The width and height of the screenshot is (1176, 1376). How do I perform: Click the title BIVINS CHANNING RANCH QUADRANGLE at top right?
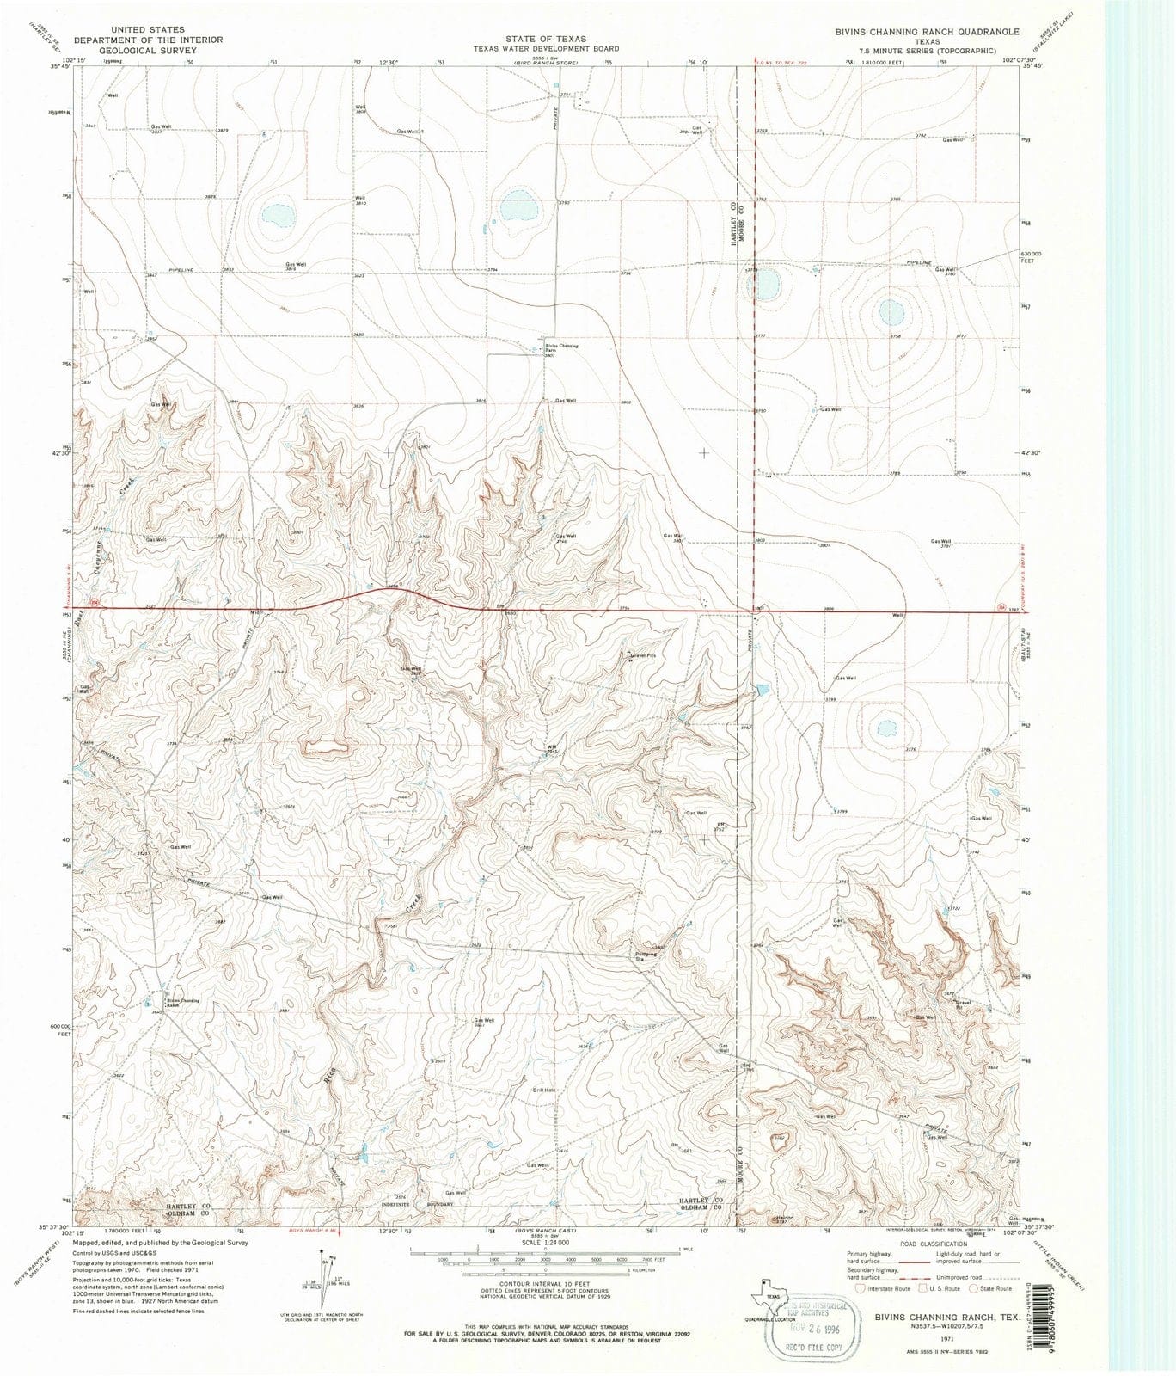[x=915, y=31]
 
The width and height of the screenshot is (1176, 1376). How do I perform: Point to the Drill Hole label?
[x=544, y=1090]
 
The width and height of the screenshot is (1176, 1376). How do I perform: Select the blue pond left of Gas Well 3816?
[x=277, y=212]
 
